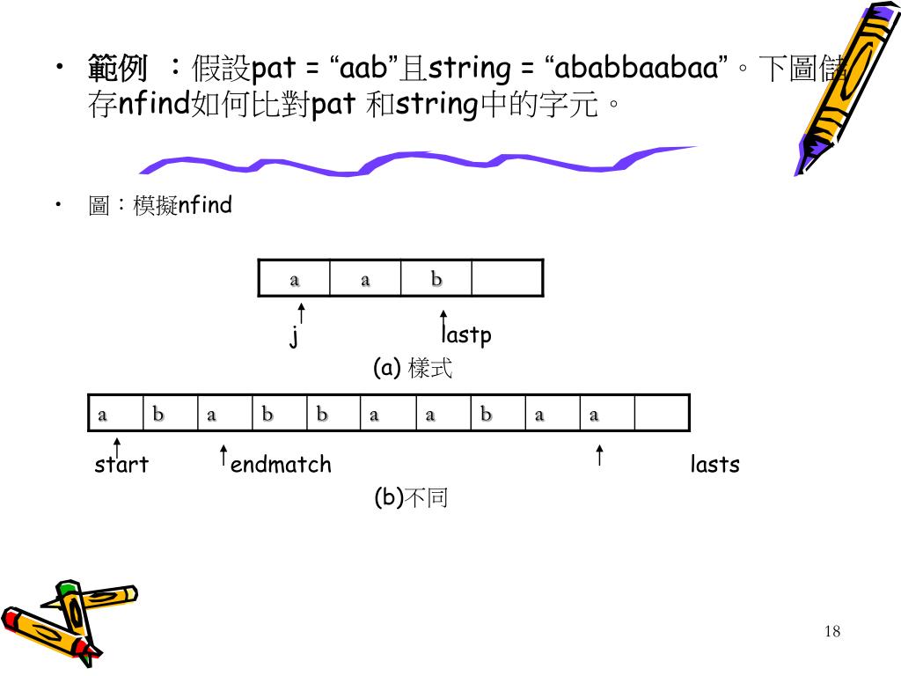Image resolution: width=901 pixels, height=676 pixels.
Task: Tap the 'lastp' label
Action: coord(466,335)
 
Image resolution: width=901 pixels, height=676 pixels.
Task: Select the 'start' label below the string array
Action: coord(121,465)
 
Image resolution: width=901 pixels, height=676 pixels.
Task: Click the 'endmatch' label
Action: coord(281,465)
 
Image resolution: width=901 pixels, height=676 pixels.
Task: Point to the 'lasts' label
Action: coord(714,465)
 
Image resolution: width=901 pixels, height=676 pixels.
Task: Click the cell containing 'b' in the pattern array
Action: coord(436,279)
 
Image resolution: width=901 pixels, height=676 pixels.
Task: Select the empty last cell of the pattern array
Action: coord(507,279)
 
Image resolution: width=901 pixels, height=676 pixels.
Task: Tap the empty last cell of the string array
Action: coord(661,414)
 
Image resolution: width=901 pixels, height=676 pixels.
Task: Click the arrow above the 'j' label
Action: coord(301,313)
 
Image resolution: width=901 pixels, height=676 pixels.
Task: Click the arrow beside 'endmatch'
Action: coord(224,455)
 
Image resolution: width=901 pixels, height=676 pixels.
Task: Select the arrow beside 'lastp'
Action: coord(443,322)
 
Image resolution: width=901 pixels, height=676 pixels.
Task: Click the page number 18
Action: coord(833,631)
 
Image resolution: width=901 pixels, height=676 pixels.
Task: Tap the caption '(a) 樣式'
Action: coord(413,368)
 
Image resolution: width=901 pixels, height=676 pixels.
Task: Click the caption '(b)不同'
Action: coord(411,498)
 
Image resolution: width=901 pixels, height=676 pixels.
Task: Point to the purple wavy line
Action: coord(414,162)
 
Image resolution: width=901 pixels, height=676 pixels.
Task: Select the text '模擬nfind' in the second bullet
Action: coord(182,206)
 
